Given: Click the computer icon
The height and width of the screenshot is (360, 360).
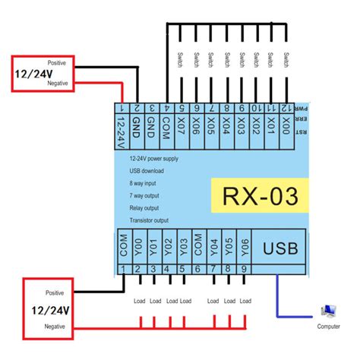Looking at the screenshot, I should [x=329, y=311].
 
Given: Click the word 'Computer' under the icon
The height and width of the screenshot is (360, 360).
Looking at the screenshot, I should [x=329, y=327].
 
